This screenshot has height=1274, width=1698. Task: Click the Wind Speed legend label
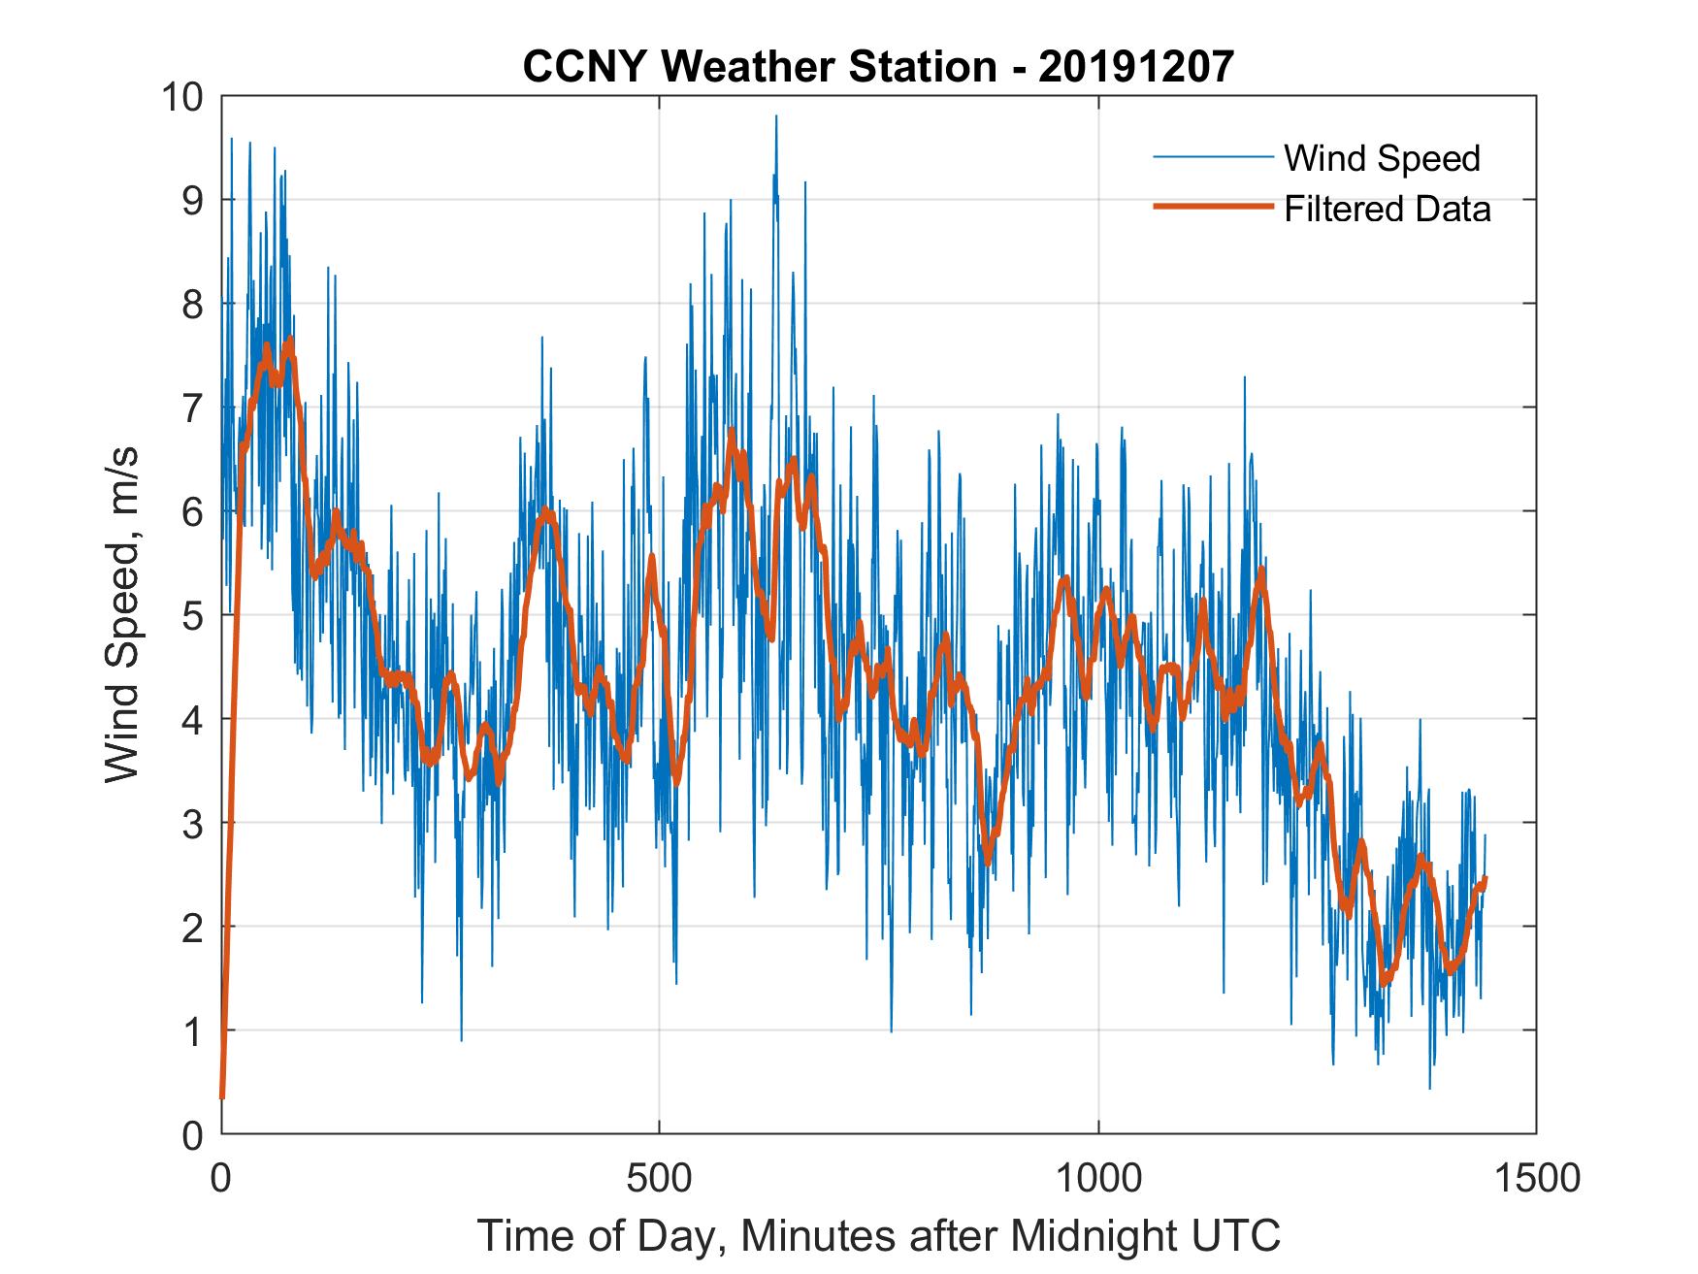(x=1382, y=158)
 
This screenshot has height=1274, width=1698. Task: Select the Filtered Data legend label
(x=1387, y=209)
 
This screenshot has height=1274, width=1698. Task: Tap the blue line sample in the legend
(x=1212, y=157)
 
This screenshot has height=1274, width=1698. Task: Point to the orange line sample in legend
(x=1212, y=207)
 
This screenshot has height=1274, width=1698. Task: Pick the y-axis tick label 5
(x=193, y=615)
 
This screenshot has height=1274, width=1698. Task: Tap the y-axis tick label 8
(x=193, y=305)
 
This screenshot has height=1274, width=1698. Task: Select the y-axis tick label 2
(x=193, y=927)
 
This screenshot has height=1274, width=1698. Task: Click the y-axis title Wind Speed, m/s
(x=122, y=614)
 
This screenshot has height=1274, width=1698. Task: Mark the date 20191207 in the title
(x=1137, y=66)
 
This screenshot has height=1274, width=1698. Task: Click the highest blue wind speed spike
(x=775, y=117)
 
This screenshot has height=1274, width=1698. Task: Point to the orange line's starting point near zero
(x=222, y=1096)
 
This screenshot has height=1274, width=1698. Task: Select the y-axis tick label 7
(x=193, y=408)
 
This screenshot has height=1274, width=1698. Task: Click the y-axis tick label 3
(x=193, y=823)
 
